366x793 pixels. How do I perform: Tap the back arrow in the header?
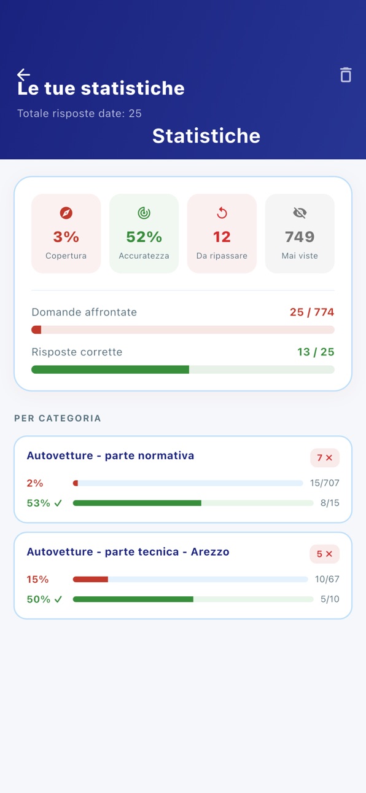pos(23,74)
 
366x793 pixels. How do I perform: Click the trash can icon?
pos(346,75)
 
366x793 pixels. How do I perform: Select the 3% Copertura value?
pos(66,237)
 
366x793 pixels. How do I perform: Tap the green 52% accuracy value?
pos(144,237)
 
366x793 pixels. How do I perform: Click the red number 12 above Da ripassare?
pos(222,237)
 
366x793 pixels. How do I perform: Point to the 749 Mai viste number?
pos(300,237)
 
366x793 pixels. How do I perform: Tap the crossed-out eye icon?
pos(300,213)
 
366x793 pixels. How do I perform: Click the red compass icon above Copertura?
pos(66,213)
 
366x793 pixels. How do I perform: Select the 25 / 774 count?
pos(312,312)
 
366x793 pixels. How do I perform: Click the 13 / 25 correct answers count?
pos(316,352)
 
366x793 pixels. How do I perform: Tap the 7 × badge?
pos(325,458)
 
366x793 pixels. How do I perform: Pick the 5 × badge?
pos(325,554)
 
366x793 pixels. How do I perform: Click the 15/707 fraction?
pos(325,483)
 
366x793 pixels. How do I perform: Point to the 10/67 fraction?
pos(327,579)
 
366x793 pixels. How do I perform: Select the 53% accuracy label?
pos(39,503)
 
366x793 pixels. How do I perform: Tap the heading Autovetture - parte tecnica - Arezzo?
pos(128,551)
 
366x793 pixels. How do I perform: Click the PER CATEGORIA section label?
pos(58,418)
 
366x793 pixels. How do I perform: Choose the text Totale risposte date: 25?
pos(80,113)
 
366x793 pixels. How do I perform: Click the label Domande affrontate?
pos(84,312)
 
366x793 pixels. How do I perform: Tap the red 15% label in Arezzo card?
pos(37,579)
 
